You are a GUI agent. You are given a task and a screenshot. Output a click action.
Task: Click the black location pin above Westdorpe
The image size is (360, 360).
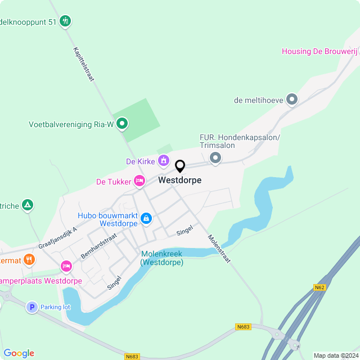(x=180, y=166)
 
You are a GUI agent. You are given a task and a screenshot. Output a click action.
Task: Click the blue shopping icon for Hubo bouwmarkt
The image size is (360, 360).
(x=146, y=218)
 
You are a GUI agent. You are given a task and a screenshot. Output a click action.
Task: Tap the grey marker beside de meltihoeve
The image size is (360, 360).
(x=291, y=100)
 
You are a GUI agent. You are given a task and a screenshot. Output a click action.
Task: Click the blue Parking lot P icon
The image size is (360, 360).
(x=31, y=307)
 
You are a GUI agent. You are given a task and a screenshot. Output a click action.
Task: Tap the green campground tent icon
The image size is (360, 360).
(x=26, y=205)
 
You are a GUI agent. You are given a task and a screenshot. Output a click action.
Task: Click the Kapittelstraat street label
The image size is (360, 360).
(x=83, y=64)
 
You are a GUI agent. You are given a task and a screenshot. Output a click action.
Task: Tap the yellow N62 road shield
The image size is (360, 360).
(x=319, y=287)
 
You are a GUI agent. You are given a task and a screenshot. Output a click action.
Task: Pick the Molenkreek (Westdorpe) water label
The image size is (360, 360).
(x=162, y=258)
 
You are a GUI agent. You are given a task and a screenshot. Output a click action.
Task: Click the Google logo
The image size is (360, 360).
(x=19, y=353)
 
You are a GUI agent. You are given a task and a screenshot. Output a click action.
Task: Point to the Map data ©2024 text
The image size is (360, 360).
(x=335, y=355)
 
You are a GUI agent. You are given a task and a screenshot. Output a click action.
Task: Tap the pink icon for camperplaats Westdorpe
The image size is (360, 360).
(x=66, y=265)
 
